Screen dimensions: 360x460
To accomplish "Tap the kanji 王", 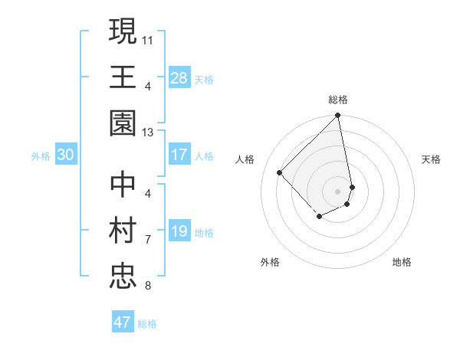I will [x=123, y=77].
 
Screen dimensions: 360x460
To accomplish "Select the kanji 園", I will [x=123, y=123].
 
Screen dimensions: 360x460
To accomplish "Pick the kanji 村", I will [x=123, y=231].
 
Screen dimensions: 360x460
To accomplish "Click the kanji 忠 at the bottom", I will [x=123, y=277].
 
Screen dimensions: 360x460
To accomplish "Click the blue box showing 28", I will [x=179, y=77].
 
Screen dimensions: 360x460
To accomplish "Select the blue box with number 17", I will [x=179, y=155].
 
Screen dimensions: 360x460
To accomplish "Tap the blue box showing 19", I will [x=179, y=231].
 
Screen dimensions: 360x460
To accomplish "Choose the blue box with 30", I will [x=65, y=155].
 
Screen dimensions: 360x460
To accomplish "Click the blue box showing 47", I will [x=123, y=322].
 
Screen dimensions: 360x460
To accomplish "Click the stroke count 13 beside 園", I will [x=148, y=133].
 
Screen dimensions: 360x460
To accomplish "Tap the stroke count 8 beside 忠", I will [x=148, y=286].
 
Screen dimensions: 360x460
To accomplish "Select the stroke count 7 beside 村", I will [x=148, y=240].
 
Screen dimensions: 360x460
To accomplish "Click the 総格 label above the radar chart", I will [x=338, y=100].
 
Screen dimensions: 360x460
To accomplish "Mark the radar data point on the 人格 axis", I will [x=280, y=172].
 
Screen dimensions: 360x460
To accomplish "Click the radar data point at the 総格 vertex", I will [x=338, y=116].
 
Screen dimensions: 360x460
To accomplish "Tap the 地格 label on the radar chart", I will [x=402, y=263].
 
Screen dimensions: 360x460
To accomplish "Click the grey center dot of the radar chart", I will [x=338, y=191].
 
